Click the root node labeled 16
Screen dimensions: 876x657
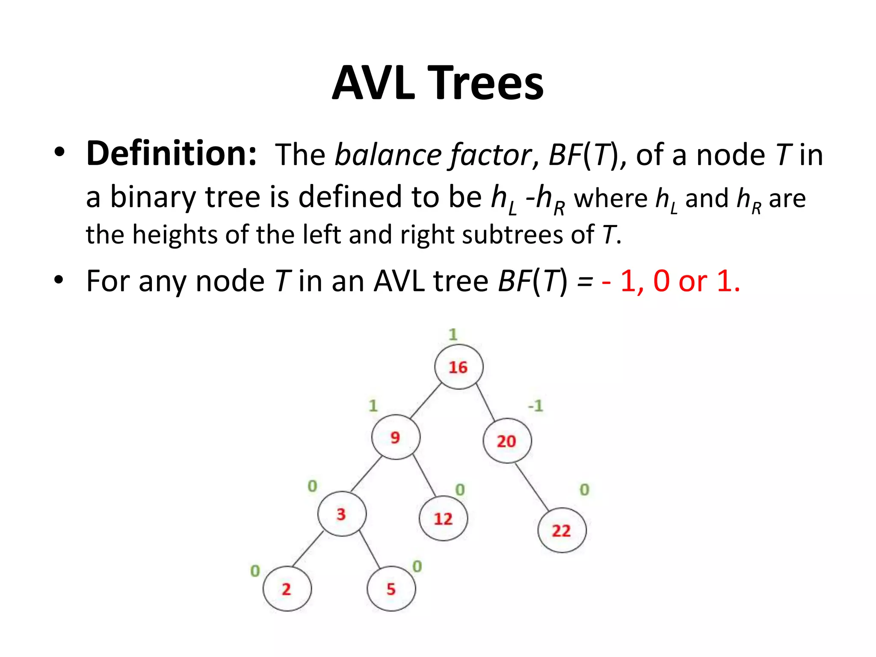pos(459,367)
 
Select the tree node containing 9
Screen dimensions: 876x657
pos(396,437)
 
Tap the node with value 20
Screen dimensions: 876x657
pos(507,441)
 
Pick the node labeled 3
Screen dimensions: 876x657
pos(342,514)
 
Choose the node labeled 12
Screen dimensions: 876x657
pos(444,518)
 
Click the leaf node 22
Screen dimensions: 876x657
pos(562,530)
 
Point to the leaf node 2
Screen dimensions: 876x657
pos(287,589)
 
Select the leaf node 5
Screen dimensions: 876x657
pos(391,589)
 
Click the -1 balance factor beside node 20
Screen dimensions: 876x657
pos(536,405)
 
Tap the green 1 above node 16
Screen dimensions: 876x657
pos(453,334)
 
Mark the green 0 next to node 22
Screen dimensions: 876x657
pos(584,489)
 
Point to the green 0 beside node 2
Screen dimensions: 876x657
pos(255,571)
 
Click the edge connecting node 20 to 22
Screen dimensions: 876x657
pos(532,487)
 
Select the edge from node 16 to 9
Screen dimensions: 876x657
pos(426,401)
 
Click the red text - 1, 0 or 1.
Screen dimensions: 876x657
pos(671,281)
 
